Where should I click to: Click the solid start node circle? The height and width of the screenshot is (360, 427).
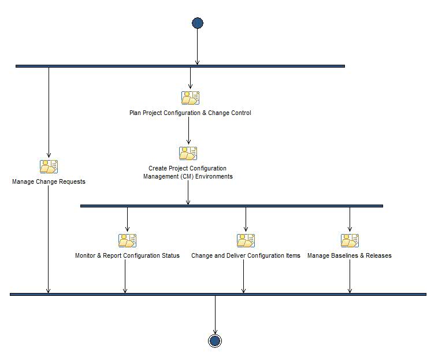pyautogui.click(x=198, y=23)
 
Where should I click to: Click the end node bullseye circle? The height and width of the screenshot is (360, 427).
pyautogui.click(x=215, y=341)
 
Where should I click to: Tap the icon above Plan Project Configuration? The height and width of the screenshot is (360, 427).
pyautogui.click(x=190, y=98)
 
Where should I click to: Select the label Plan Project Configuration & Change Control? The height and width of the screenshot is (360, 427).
pyautogui.click(x=190, y=113)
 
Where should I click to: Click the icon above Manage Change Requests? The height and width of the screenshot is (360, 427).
pyautogui.click(x=49, y=166)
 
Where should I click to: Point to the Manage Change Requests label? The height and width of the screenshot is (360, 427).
pyautogui.click(x=49, y=181)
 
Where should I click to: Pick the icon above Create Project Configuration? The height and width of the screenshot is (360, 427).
pyautogui.click(x=188, y=153)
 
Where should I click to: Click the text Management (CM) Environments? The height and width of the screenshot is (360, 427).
pyautogui.click(x=188, y=176)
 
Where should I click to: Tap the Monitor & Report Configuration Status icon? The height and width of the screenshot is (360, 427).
pyautogui.click(x=127, y=240)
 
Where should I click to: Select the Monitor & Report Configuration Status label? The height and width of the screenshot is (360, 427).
pyautogui.click(x=127, y=255)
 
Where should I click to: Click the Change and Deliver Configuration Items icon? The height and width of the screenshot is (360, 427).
pyautogui.click(x=246, y=240)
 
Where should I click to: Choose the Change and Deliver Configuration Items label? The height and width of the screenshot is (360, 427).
pyautogui.click(x=246, y=255)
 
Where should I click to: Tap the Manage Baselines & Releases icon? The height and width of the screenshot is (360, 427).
pyautogui.click(x=350, y=240)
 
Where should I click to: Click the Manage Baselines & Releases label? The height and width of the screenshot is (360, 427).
pyautogui.click(x=350, y=255)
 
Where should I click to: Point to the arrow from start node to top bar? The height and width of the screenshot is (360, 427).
pyautogui.click(x=198, y=46)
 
